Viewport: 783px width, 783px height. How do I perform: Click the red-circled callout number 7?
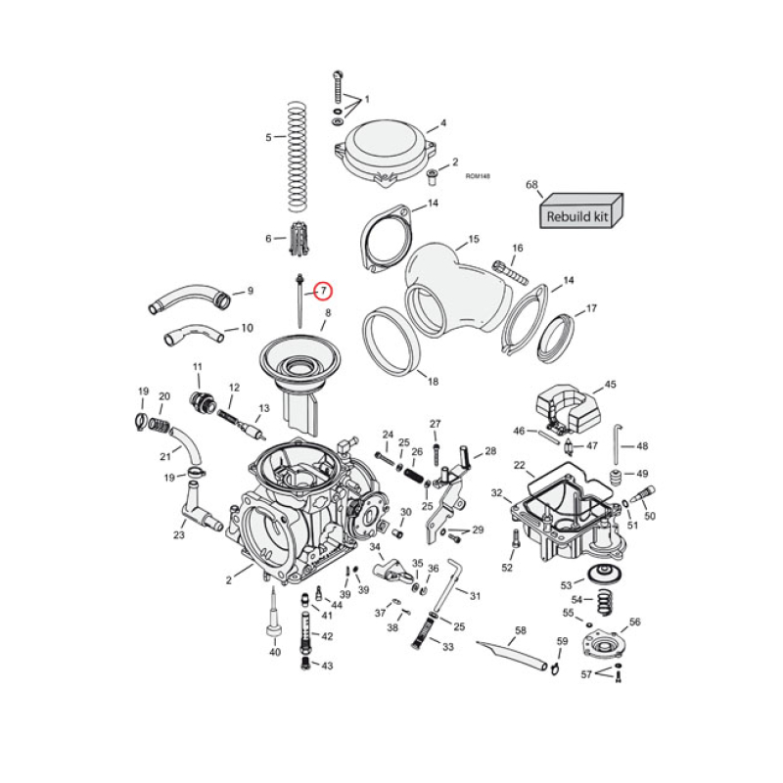click(x=322, y=291)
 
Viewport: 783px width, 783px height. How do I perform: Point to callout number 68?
click(x=532, y=185)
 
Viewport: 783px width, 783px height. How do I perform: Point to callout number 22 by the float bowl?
click(x=519, y=466)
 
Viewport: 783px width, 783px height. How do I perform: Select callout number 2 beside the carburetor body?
click(x=229, y=580)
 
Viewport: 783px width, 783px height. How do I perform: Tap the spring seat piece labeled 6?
click(x=300, y=238)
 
